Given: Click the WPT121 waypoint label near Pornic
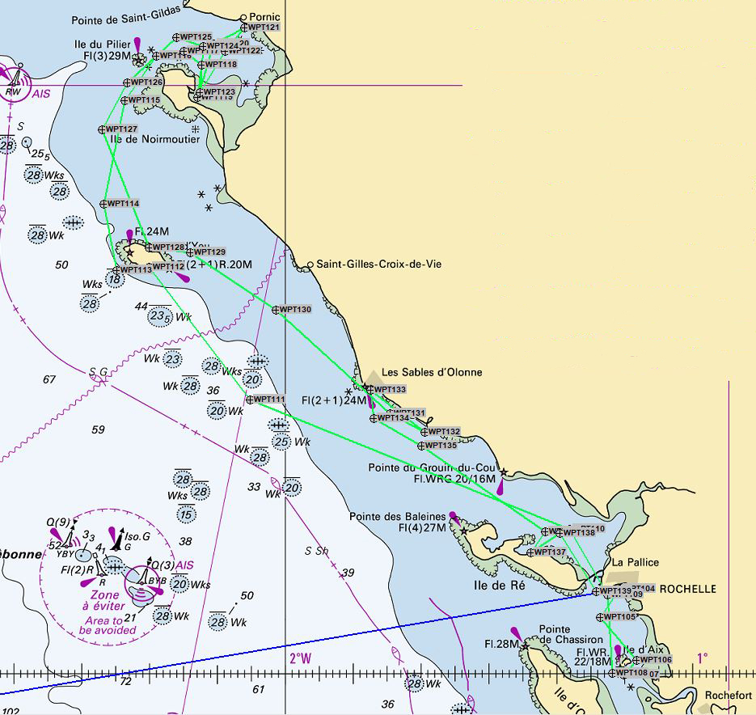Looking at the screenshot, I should point(264,27).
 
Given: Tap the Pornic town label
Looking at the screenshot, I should point(264,16).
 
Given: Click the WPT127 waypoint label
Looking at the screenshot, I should point(121,129).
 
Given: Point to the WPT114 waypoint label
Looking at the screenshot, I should point(123,203).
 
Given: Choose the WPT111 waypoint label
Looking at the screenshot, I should point(269,400).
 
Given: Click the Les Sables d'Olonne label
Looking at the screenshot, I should point(431,372).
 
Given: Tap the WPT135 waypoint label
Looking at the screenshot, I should point(441,446).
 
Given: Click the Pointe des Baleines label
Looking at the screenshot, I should point(397,516).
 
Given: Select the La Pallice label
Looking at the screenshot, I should point(635,562).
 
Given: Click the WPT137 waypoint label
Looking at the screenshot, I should point(550,552).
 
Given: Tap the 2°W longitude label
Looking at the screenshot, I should point(300,658).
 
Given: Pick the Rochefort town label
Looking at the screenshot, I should point(728,695).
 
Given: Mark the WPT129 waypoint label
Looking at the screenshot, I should point(209,252).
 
